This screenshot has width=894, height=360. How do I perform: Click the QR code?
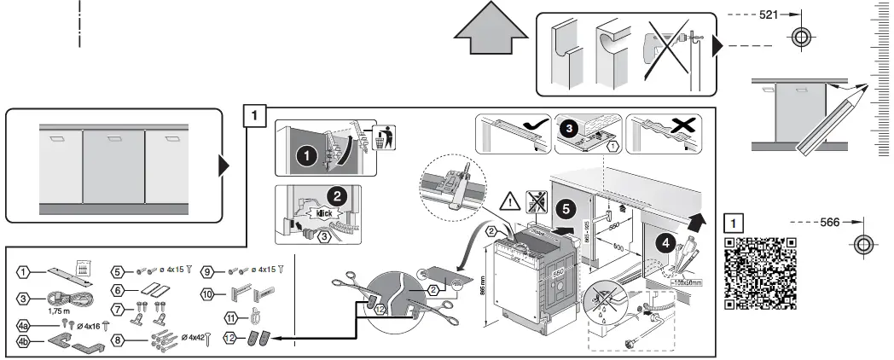point(761,271)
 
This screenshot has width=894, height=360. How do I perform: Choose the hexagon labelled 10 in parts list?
point(207,294)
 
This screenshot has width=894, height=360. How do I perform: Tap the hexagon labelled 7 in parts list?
point(118,309)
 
